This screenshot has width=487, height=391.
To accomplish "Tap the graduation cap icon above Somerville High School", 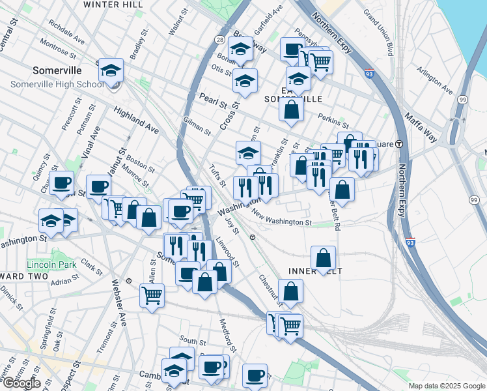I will tap(111, 70).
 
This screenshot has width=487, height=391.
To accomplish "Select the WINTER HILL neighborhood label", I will tap(113, 5).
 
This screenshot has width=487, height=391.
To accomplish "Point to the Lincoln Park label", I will tap(51, 265).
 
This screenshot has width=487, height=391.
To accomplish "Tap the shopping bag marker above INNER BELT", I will tap(323, 257).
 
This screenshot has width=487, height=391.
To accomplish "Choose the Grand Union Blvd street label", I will tap(379, 32).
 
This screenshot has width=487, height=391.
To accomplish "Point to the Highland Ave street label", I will tap(136, 121).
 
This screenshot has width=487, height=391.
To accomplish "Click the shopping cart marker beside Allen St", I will tap(152, 295).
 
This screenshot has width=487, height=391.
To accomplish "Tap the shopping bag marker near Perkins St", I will tap(291, 109).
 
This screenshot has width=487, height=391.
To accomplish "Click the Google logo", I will tap(21, 383).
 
